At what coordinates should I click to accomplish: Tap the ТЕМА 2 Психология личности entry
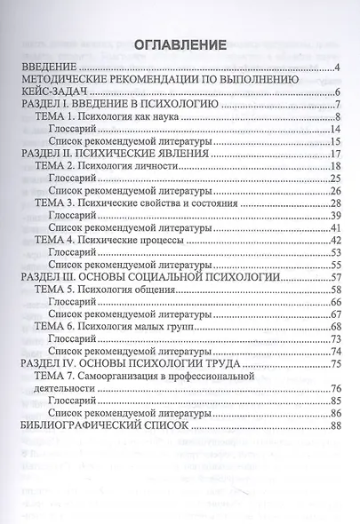(x=110, y=167)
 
